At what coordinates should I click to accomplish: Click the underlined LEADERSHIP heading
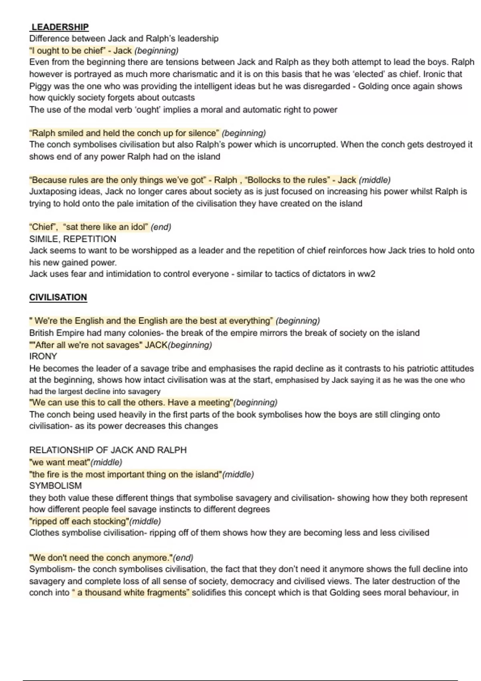(x=60, y=27)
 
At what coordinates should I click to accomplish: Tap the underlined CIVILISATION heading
(x=58, y=297)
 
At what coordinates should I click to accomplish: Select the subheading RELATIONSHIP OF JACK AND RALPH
(x=108, y=450)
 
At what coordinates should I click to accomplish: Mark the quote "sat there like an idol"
(x=105, y=227)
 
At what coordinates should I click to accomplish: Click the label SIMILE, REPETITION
(x=73, y=239)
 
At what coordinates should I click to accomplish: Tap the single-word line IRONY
(x=43, y=356)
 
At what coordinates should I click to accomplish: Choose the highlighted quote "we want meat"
(x=60, y=462)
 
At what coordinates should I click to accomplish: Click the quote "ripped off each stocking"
(x=79, y=521)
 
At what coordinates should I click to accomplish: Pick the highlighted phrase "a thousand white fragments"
(x=131, y=592)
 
